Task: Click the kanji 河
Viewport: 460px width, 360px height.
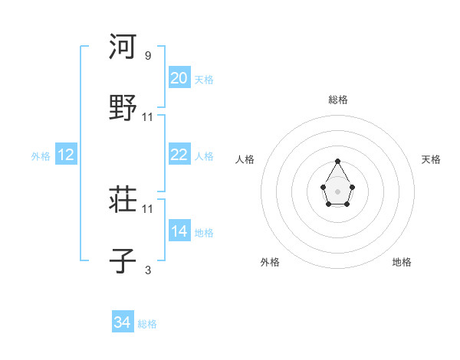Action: tap(123, 47)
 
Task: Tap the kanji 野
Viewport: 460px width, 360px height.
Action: tap(123, 107)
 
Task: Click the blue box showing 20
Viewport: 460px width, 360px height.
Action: tap(179, 78)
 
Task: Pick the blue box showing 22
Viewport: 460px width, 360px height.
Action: tap(179, 155)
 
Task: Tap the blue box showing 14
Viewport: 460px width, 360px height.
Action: tap(179, 231)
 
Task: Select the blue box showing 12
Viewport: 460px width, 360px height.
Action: tap(65, 155)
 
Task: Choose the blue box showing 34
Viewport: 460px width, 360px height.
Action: tap(122, 322)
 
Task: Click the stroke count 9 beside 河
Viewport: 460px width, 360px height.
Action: tap(147, 56)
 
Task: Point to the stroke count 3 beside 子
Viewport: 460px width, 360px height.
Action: tap(147, 270)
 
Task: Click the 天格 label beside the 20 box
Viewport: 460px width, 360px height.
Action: tap(203, 80)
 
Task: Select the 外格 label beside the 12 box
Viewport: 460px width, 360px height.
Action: tap(41, 156)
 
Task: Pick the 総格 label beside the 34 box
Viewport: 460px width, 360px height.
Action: tap(147, 324)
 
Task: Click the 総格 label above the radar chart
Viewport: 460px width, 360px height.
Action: tap(338, 100)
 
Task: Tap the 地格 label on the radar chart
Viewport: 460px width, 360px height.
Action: tap(402, 262)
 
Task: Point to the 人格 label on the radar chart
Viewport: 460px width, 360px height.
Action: tap(245, 159)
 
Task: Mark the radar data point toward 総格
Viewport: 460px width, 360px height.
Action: tap(338, 161)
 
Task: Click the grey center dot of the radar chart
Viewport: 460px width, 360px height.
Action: tap(338, 191)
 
